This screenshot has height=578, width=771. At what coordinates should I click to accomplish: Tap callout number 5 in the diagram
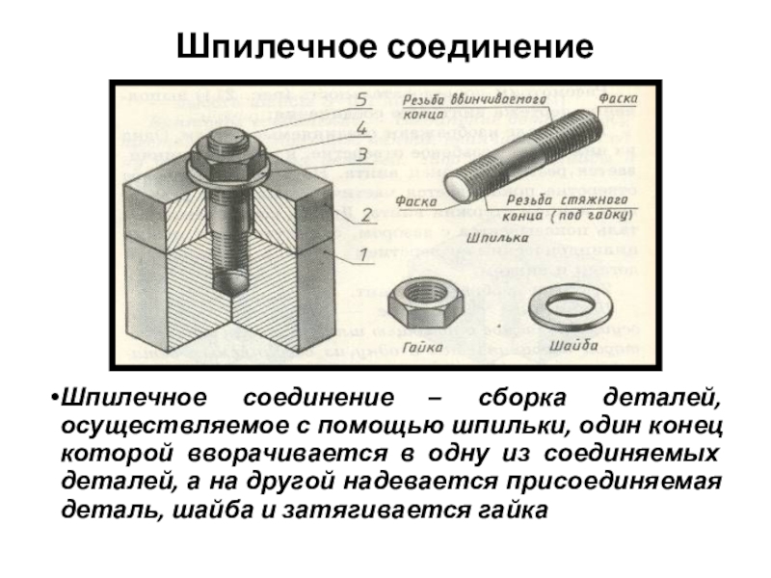click(360, 98)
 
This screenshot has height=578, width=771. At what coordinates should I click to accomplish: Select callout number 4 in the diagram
click(361, 126)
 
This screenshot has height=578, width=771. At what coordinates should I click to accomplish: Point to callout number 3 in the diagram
click(361, 154)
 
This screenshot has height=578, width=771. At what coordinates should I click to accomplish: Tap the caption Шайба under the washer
click(572, 343)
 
